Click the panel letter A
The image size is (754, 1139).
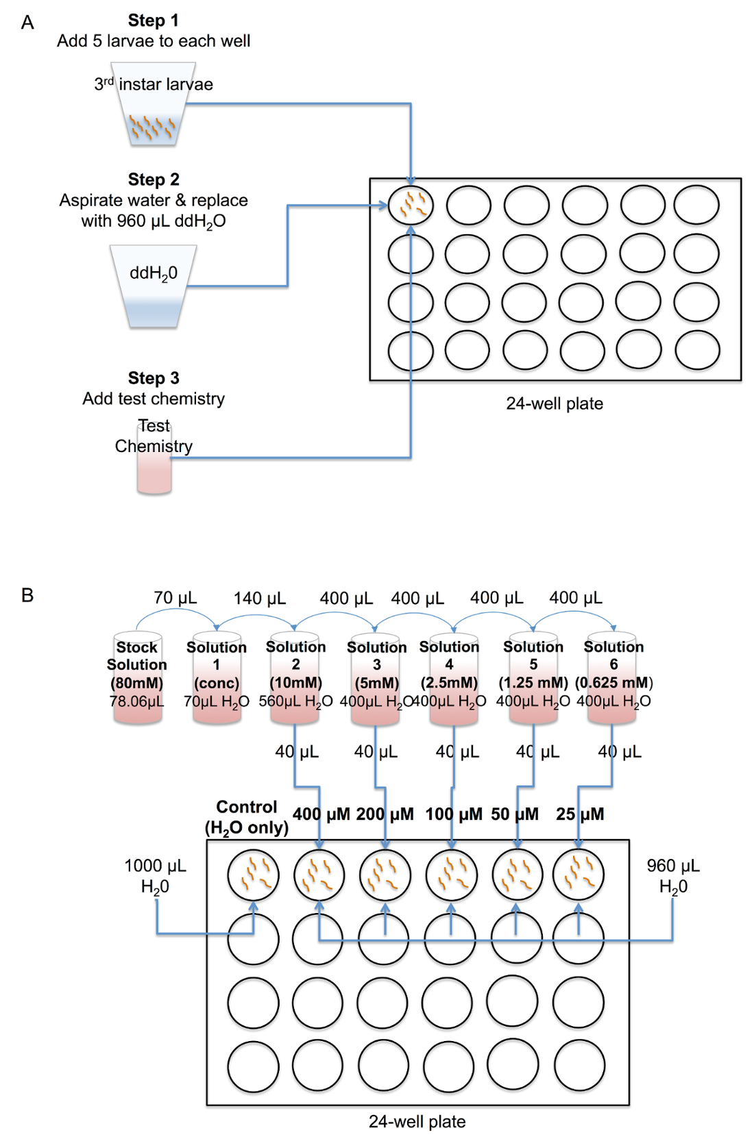[x=27, y=23]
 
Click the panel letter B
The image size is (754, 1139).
[x=27, y=594]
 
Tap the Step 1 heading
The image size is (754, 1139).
[x=154, y=21]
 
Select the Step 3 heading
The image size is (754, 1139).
[x=154, y=378]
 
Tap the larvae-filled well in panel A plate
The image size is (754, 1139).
[x=411, y=205]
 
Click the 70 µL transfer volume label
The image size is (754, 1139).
[x=175, y=598]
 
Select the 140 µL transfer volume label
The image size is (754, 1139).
[x=259, y=599]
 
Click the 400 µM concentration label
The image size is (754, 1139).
[x=321, y=814]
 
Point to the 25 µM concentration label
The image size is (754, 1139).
[x=580, y=814]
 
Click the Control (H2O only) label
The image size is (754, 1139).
[x=247, y=817]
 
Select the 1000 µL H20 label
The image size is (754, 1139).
[x=155, y=876]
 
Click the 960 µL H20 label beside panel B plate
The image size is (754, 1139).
[x=673, y=876]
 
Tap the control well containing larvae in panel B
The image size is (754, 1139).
[x=254, y=875]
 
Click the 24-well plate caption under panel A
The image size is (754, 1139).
[x=555, y=403]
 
